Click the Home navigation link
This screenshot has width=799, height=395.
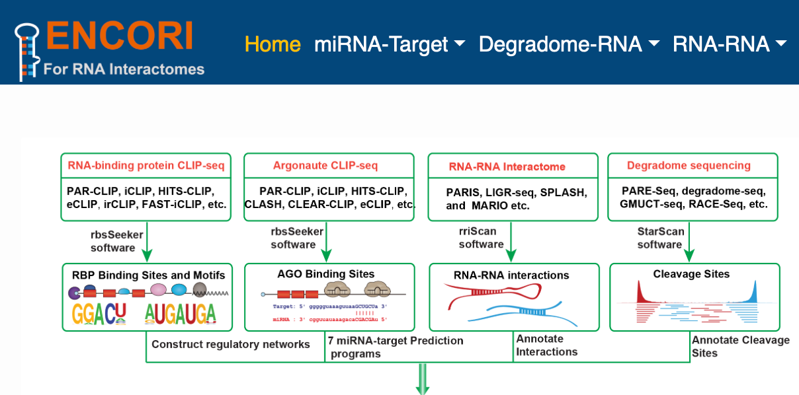click(273, 44)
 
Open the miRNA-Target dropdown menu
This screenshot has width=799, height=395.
click(389, 44)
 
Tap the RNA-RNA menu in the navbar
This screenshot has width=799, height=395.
click(729, 44)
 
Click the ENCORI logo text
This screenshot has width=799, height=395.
click(120, 36)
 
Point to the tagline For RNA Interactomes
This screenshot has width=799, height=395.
click(124, 69)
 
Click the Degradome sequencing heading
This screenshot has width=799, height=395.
click(689, 165)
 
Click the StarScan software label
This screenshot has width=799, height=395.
click(659, 237)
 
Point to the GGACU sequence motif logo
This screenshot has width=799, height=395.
click(99, 313)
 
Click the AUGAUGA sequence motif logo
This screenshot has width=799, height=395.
click(181, 313)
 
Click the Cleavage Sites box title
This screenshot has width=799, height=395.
click(691, 273)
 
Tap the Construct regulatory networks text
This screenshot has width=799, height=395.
click(231, 344)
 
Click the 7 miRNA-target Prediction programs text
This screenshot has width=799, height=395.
click(396, 347)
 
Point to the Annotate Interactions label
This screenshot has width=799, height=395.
click(546, 345)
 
